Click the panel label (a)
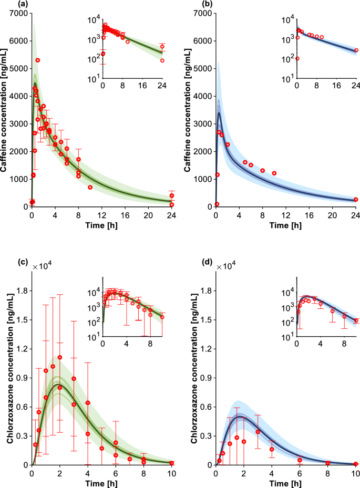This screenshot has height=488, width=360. coord(8,4)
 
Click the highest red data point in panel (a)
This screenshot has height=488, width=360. coord(38,60)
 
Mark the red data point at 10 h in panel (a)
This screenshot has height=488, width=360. coord(90,188)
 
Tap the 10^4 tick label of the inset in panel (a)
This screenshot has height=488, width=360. coord(93,20)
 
